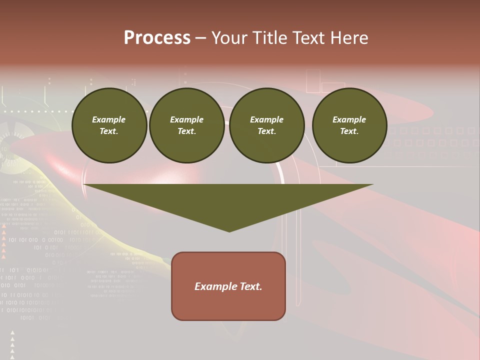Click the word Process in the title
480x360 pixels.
pos(157,38)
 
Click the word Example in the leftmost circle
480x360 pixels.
pos(109,119)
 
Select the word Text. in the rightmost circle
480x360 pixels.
pos(349,131)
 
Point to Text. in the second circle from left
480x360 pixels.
pos(186,131)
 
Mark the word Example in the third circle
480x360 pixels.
pos(266,119)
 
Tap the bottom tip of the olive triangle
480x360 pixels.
pos(229,231)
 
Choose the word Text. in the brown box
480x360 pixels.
pos(249,286)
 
